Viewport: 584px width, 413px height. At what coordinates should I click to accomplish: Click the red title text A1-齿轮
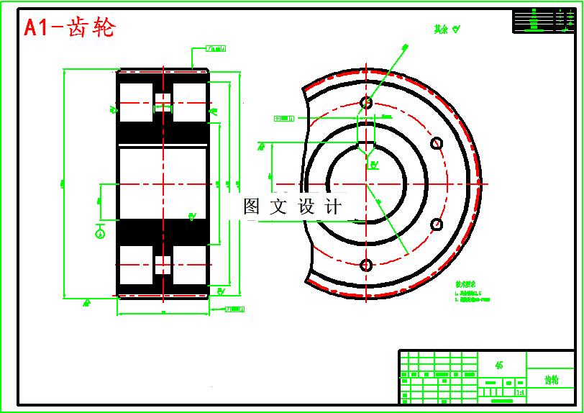click(x=70, y=27)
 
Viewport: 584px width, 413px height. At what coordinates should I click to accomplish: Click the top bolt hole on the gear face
click(x=366, y=103)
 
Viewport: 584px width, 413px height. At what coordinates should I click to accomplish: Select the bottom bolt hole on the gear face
click(x=366, y=265)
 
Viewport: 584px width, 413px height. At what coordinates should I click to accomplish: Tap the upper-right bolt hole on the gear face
click(x=436, y=143)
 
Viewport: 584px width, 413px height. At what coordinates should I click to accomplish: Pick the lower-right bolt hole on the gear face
click(x=437, y=224)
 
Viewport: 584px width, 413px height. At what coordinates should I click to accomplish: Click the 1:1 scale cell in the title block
click(x=520, y=393)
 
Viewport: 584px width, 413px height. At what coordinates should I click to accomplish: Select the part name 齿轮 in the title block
click(x=551, y=379)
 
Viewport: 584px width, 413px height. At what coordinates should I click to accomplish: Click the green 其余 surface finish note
click(x=446, y=29)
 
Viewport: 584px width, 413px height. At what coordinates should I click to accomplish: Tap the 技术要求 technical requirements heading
click(x=466, y=283)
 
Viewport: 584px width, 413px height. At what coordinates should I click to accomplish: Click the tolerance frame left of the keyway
click(x=285, y=118)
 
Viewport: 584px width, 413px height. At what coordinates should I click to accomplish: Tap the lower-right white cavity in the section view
click(x=191, y=265)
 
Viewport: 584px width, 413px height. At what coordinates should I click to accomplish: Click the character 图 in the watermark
click(x=252, y=207)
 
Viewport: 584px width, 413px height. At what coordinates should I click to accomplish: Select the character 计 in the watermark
click(x=333, y=207)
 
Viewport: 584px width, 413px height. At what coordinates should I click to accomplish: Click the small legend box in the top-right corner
click(x=544, y=20)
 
